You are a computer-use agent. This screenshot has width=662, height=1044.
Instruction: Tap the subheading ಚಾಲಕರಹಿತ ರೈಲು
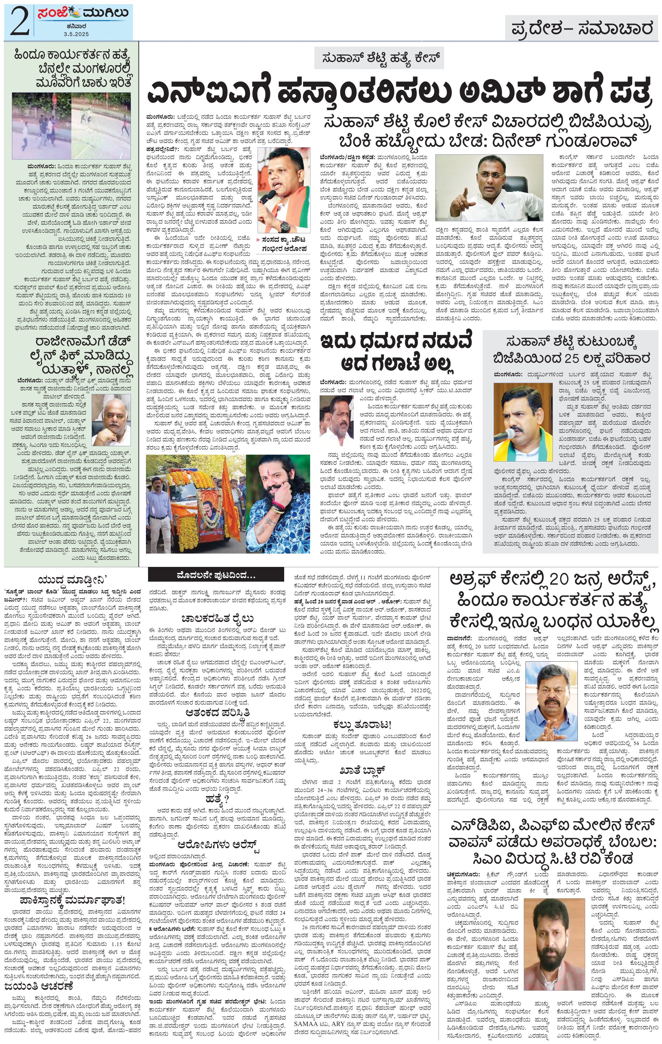point(218,618)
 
